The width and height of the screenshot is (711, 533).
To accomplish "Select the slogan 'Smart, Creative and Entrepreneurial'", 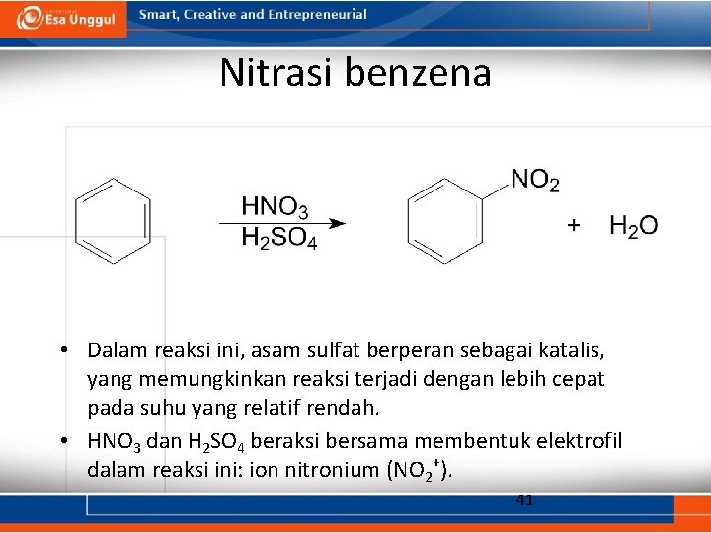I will point(253,15).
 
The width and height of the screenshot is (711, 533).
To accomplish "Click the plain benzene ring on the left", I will point(114,219).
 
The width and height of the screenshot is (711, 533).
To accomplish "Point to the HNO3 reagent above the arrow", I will point(275,206).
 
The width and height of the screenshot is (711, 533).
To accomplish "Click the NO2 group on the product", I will point(535,181).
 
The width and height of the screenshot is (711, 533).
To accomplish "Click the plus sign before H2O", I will point(573,226).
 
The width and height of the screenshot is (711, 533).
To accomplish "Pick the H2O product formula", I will point(633,227).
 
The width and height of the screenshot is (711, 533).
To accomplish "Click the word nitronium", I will point(321,470).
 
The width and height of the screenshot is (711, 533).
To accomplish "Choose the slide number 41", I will point(525,500).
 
